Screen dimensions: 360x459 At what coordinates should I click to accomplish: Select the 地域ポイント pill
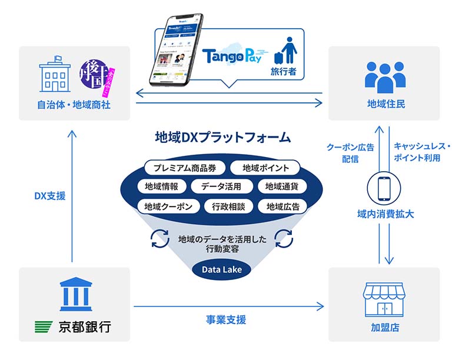pos(265,168)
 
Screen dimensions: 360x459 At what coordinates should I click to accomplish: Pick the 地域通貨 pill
pos(282,187)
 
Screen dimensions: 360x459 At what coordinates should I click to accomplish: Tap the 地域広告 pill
pos(282,206)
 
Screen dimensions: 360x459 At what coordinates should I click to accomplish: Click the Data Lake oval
pos(221,270)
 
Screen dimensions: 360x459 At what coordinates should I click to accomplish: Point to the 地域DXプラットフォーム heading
pos(222,138)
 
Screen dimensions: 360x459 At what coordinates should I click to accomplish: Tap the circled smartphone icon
pos(384,189)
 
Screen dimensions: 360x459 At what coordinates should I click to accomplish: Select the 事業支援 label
pos(225,320)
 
